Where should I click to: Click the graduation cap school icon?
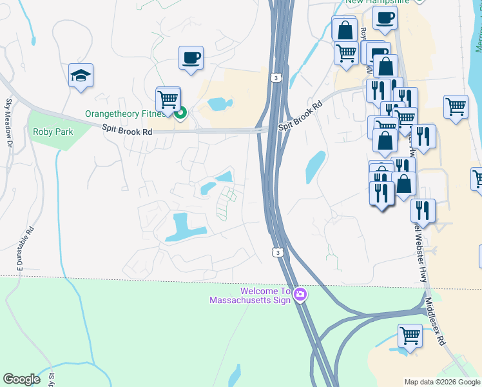click(81, 75)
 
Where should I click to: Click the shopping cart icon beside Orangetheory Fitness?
click(168, 99)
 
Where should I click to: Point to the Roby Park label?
click(53, 132)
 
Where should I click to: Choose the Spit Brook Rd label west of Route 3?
click(127, 130)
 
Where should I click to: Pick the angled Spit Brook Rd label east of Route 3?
click(300, 118)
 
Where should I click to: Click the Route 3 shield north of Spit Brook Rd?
click(276, 78)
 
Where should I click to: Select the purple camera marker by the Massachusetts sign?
click(300, 295)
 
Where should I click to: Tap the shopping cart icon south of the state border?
click(410, 335)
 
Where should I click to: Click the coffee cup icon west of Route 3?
click(191, 58)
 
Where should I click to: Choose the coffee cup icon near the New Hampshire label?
click(385, 18)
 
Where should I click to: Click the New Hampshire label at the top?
click(377, 2)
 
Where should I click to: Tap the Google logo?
click(22, 379)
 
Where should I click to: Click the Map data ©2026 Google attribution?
click(442, 382)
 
